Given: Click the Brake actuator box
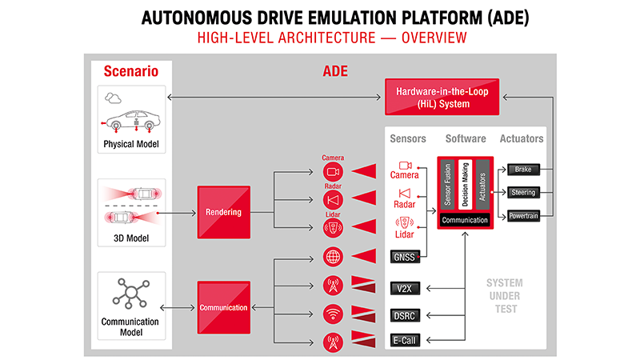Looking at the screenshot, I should pyautogui.click(x=523, y=170).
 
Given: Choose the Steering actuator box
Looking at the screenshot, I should pyautogui.click(x=523, y=193).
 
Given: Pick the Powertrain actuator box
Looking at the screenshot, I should pyautogui.click(x=523, y=216).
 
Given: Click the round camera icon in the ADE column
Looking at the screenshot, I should pyautogui.click(x=333, y=172).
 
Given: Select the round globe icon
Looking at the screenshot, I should pyautogui.click(x=333, y=257).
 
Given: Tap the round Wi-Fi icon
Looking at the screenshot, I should pyautogui.click(x=333, y=314).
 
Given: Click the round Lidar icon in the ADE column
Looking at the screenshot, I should pyautogui.click(x=333, y=228).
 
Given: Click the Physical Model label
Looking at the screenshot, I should pyautogui.click(x=131, y=145).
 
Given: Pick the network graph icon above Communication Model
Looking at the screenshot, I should pyautogui.click(x=131, y=294).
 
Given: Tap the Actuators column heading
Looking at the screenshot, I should pyautogui.click(x=522, y=138).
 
